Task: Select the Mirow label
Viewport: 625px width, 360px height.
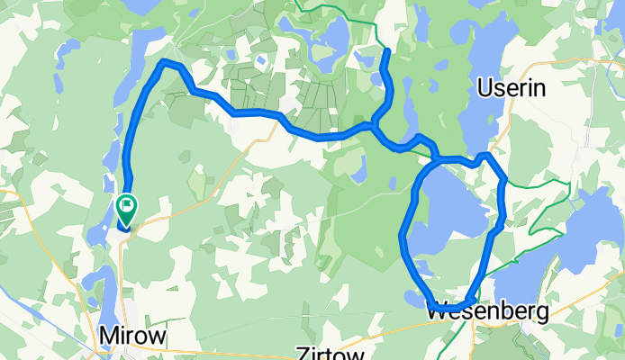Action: coord(132,336)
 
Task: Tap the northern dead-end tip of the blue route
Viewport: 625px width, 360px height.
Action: coord(385,52)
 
